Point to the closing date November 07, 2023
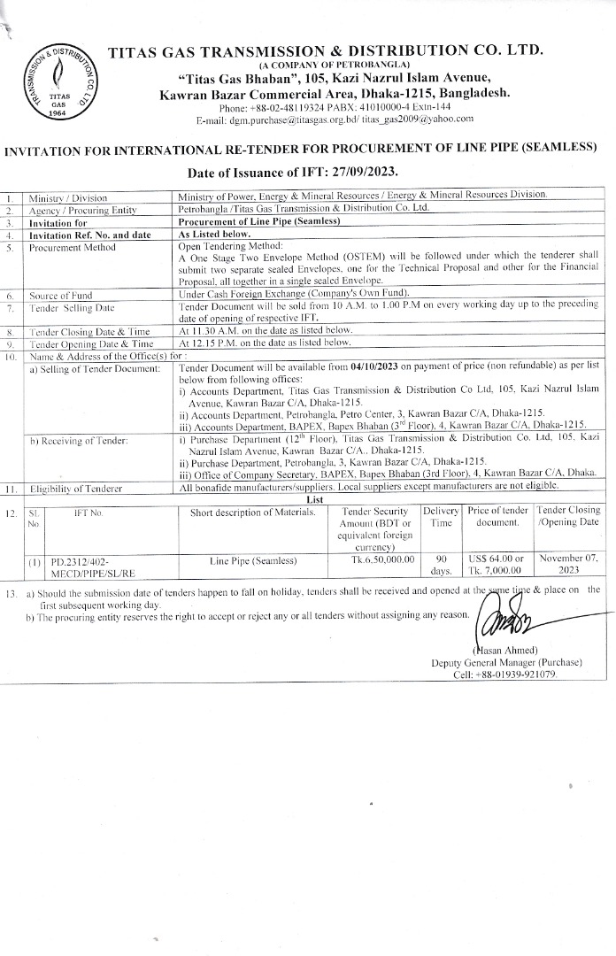tap(570, 566)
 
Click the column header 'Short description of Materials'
tap(252, 511)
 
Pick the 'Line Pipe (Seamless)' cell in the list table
tap(253, 560)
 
